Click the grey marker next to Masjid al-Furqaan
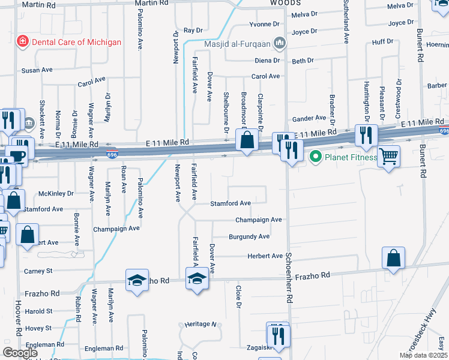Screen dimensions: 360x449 click(279, 43)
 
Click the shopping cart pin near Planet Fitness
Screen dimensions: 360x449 click(389, 156)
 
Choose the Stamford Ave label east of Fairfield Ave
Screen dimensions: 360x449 click(230, 203)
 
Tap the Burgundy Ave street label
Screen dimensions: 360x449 click(249, 237)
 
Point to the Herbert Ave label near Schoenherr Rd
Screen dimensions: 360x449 click(265, 256)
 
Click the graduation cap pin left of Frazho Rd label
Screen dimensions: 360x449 click(137, 280)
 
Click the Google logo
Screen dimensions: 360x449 click(20, 353)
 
